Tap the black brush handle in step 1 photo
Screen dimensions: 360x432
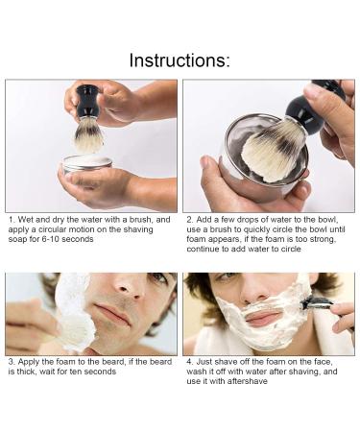(87, 102)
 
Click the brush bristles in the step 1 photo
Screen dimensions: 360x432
(88, 135)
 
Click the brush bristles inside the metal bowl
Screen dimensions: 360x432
(273, 151)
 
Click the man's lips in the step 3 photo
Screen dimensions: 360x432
(112, 313)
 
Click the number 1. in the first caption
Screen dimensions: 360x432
(12, 220)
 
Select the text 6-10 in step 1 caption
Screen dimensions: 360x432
(51, 239)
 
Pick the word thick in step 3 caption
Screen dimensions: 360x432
(27, 372)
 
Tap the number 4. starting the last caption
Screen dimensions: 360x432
(190, 362)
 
